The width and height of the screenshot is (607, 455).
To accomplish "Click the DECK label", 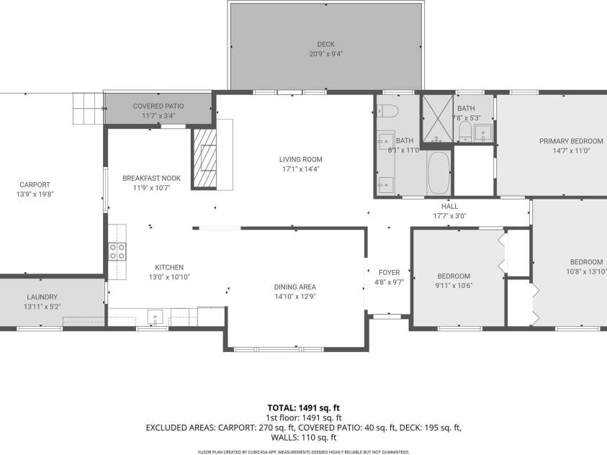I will pos(325,43).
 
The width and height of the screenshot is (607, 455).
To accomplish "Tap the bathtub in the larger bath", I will pos(438,173).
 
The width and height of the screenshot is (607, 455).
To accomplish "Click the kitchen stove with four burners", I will pos(117,251).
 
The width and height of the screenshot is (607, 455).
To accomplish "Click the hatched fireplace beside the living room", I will pos(204,158).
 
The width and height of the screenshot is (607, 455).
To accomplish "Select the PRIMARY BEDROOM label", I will pos(571,141).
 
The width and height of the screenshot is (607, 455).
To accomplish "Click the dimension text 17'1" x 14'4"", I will pos(300,169).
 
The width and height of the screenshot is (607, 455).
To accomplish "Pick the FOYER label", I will pos(389,272).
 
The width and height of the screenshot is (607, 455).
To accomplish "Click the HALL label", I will pos(450,206).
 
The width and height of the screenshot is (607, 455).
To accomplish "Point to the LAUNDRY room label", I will pos(42,297).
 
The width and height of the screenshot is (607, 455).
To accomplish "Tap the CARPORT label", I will pos(35,184).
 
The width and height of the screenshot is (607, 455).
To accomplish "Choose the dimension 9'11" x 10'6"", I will pos(454,286).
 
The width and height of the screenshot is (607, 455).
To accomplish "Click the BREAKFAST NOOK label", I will pos(151,178).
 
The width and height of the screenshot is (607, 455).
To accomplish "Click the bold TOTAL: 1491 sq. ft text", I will pos(302,407).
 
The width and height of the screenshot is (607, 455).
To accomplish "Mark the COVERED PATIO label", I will pos(158,106).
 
